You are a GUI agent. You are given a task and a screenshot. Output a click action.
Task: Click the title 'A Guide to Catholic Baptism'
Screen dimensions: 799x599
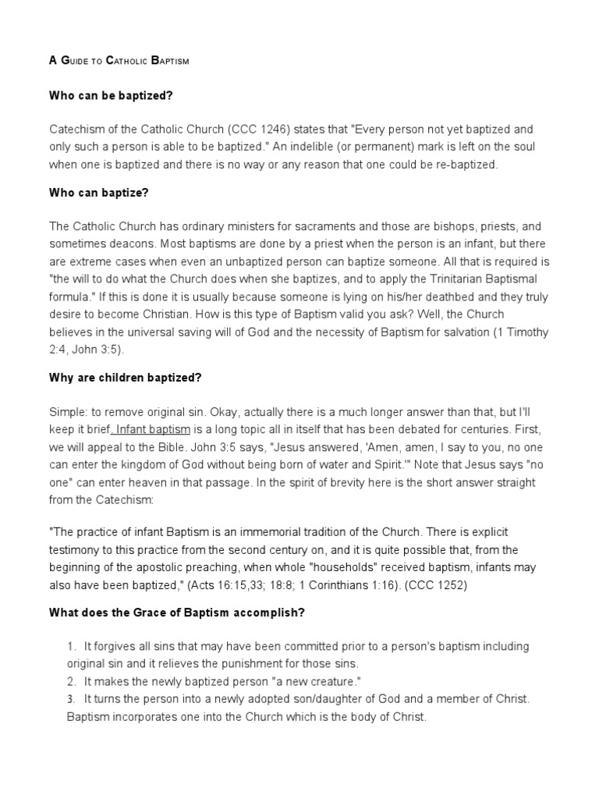pos(119,60)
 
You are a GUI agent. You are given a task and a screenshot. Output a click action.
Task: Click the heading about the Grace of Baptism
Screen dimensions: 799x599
pos(176,613)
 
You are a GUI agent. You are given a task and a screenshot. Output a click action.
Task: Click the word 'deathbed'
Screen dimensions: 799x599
pos(436,297)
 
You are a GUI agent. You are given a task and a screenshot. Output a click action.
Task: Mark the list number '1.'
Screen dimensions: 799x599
pos(71,647)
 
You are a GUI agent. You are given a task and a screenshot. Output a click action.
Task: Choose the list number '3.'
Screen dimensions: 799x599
pos(71,698)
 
